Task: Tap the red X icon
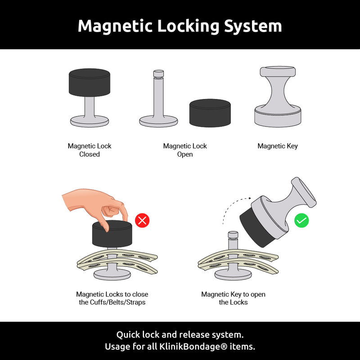click(142, 220)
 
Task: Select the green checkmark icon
click(301, 220)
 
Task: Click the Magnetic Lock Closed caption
click(90, 150)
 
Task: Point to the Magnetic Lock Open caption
click(185, 150)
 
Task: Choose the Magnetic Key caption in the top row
click(278, 146)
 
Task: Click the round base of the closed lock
click(90, 121)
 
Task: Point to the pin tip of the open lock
click(158, 74)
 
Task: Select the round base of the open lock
click(158, 121)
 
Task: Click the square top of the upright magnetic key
click(278, 72)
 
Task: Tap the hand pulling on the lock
click(92, 202)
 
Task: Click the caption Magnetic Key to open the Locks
click(233, 298)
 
